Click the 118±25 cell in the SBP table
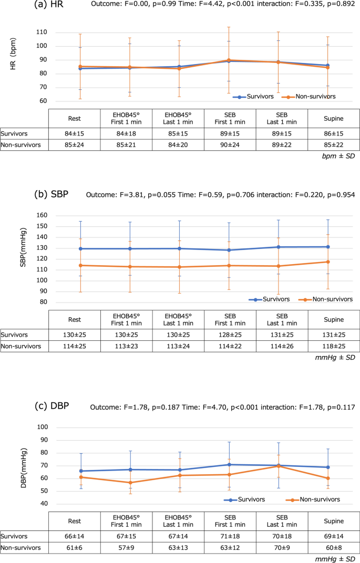pos(333,347)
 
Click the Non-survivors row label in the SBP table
pos(20,347)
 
